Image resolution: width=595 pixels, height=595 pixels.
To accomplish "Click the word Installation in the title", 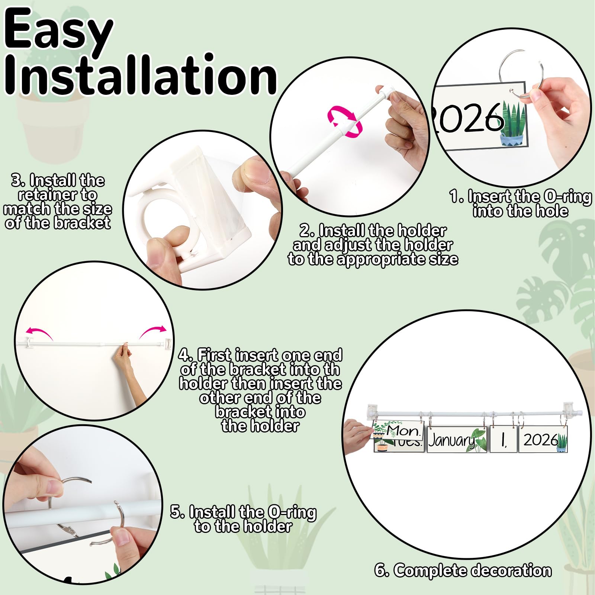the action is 141,74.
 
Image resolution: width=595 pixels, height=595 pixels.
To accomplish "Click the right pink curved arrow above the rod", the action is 153,331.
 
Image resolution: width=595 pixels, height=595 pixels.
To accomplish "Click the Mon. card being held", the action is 398,430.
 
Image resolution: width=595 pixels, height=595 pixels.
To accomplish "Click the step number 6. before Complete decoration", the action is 382,570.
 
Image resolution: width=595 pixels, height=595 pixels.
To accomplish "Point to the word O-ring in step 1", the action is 567,197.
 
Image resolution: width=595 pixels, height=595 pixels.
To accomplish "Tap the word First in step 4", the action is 215,355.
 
